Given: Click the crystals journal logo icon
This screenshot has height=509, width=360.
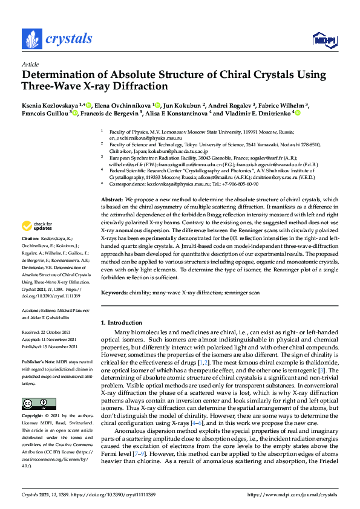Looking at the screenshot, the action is pyautogui.click(x=30, y=39).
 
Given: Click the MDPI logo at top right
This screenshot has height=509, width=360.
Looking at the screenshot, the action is pyautogui.click(x=324, y=40).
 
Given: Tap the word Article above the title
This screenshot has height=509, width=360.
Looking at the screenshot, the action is pyautogui.click(x=30, y=63).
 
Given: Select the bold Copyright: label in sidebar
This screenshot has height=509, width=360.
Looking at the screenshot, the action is pyautogui.click(x=34, y=417).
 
